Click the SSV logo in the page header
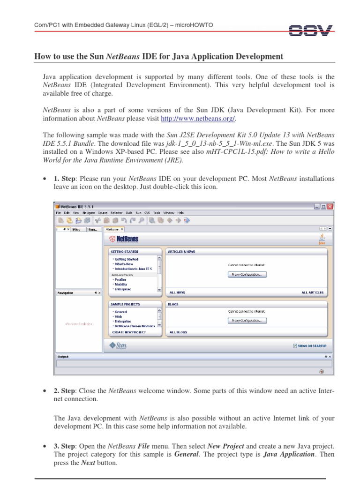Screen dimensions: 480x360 (310, 30)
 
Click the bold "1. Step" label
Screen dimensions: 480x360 (63, 179)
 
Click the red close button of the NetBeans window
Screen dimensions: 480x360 (330, 206)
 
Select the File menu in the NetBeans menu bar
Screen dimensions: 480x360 (59, 212)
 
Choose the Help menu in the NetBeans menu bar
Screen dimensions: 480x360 (180, 212)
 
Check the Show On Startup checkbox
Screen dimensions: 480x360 (294, 346)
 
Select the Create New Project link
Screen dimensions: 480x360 (129, 332)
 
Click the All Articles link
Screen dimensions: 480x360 (312, 292)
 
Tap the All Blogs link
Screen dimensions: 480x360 (178, 332)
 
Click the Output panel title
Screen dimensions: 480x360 (63, 356)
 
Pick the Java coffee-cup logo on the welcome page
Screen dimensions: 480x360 (322, 239)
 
